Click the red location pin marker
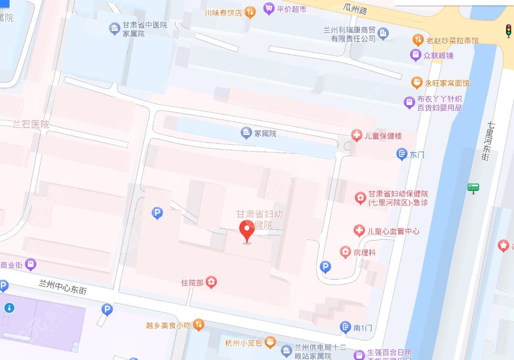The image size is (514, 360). point(246,231)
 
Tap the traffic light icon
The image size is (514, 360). point(508,31)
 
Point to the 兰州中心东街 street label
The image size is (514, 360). point(63,286)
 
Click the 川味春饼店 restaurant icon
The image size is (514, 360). point(250,12)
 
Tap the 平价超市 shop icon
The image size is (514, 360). point(268,8)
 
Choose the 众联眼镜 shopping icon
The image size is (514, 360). point(416,55)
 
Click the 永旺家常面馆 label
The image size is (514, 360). point(447,83)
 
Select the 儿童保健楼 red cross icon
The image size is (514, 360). point(356,135)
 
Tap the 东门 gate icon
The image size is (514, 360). point(402,154)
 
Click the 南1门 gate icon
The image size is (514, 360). point(345,327)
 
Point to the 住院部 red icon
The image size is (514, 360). point(211,283)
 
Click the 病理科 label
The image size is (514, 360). point(365,252)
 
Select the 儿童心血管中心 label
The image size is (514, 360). point(393,231)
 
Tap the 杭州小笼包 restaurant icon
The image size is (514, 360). point(270,342)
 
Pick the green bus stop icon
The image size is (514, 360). point(473,188)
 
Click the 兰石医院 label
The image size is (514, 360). point(31,124)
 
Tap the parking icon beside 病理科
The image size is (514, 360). point(325,267)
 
